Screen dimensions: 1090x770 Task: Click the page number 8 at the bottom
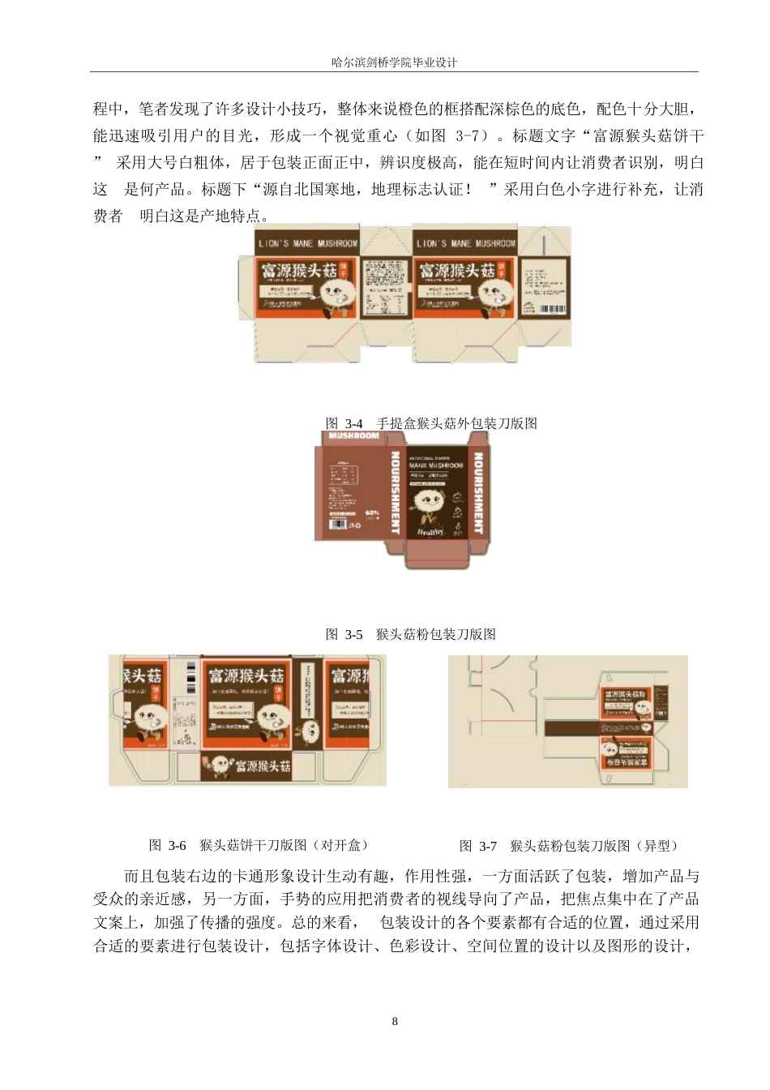395,1021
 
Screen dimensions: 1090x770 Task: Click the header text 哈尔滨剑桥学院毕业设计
395,62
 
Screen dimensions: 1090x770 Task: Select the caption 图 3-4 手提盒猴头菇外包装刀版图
430,423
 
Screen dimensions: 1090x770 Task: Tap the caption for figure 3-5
410,634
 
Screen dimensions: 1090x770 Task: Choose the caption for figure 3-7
568,846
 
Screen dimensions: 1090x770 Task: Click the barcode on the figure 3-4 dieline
554,309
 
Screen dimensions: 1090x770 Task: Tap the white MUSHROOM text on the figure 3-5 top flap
354,436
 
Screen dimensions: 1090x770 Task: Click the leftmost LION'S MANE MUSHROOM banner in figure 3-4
307,243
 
